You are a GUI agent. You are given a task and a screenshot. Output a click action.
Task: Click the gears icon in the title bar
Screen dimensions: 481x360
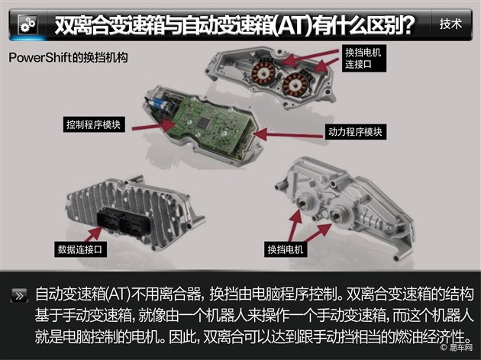pos(27,25)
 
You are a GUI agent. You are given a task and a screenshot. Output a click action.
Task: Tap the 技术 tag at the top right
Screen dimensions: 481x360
pos(450,24)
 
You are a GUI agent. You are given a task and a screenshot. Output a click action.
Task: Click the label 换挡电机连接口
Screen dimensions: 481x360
pos(364,58)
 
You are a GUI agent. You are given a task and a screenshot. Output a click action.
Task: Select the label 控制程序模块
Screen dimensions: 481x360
pos(94,124)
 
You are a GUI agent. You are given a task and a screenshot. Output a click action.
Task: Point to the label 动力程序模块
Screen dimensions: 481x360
pos(356,132)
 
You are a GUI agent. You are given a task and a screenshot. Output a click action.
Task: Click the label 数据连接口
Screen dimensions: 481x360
pos(80,249)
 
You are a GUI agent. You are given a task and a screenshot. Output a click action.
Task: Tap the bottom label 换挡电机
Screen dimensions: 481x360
pos(286,249)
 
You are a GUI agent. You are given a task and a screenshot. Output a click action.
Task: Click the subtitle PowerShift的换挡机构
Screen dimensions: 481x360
pos(68,57)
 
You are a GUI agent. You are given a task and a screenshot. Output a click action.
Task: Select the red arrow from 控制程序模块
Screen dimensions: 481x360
pos(153,126)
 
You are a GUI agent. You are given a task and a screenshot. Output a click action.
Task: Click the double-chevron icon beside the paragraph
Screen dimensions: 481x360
pos(19,296)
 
